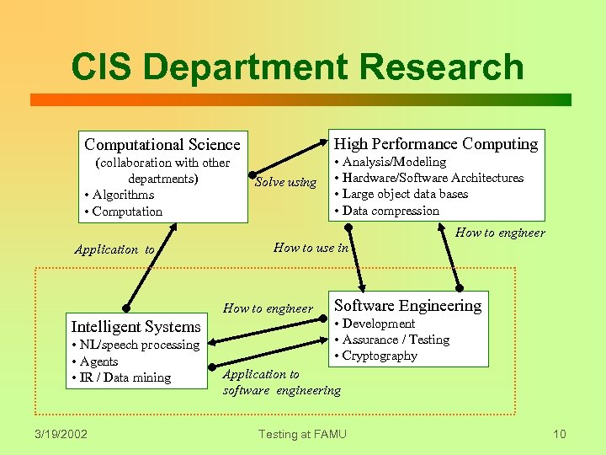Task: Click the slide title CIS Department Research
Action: (297, 67)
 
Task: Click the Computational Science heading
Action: (162, 145)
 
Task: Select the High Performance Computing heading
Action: (436, 143)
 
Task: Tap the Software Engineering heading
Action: (408, 305)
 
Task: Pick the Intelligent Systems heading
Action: (136, 326)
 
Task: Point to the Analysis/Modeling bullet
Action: (391, 162)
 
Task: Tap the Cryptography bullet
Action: (380, 356)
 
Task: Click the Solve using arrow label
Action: (285, 182)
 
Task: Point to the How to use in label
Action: (311, 247)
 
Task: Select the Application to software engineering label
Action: (281, 382)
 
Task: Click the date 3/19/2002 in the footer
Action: (61, 434)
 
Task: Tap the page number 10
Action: (560, 434)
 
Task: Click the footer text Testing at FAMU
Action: (302, 434)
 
